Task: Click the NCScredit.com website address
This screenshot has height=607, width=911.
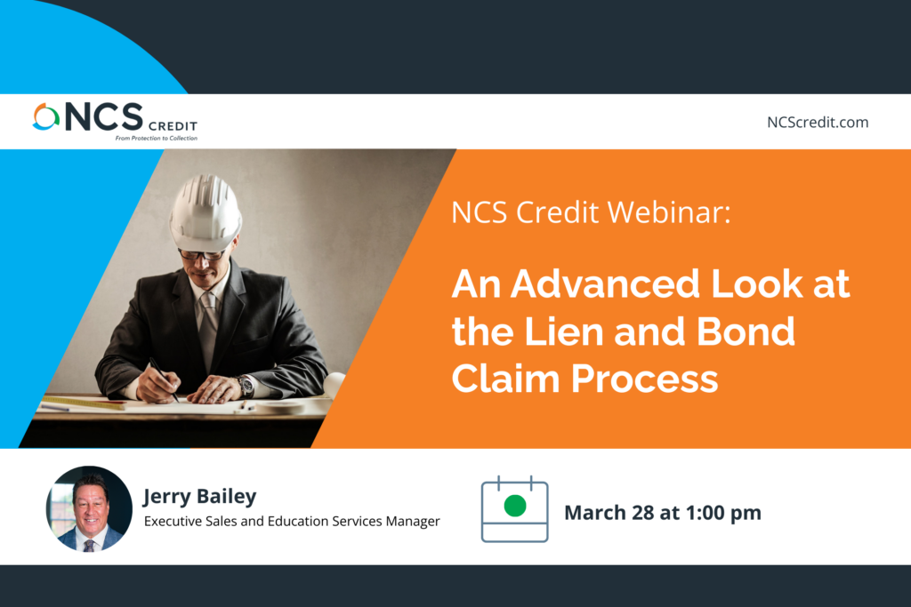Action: point(818,123)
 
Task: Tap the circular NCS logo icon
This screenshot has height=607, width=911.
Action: point(46,116)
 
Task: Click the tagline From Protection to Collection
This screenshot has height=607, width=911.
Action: point(157,138)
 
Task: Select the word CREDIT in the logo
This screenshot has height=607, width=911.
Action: point(173,126)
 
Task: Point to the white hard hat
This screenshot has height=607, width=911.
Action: point(205,213)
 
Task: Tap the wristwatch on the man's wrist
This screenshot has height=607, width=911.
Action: point(246,386)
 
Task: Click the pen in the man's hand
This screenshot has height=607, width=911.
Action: point(164,380)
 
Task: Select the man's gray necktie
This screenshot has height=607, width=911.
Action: point(208,328)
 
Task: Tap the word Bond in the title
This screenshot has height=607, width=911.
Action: point(746,331)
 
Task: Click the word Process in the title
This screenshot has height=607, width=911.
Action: point(644,379)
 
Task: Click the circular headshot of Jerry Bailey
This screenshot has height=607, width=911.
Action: point(89,508)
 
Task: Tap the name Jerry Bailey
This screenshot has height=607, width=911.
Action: point(200,497)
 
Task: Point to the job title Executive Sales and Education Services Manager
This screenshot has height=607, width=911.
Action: point(292,521)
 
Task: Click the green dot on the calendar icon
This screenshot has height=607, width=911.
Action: point(515,506)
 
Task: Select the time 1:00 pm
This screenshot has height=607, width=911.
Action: point(723,513)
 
